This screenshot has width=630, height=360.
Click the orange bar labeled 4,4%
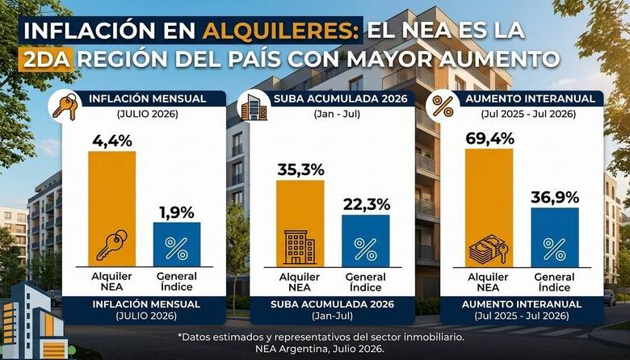click(111, 209)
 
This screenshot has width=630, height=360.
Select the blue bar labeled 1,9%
click(177, 245)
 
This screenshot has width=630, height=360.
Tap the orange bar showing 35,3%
click(300, 224)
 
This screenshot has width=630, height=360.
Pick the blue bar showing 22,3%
click(366, 241)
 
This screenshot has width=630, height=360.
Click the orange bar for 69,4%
click(489, 208)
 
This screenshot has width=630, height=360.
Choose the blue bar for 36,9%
click(555, 237)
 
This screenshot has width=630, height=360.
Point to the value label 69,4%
click(489, 139)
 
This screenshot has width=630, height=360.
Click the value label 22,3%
click(367, 204)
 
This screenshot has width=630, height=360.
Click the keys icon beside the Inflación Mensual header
click(65, 106)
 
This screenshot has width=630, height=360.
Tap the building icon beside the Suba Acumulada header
click(254, 107)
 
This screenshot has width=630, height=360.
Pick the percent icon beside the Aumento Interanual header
click(443, 107)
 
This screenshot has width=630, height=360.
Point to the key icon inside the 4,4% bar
click(111, 245)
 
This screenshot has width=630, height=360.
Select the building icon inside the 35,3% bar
click(300, 247)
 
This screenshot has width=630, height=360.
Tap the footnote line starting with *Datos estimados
click(320, 337)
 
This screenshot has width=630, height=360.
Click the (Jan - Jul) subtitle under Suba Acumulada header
click(337, 114)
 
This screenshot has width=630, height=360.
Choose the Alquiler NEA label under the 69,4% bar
click(488, 283)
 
